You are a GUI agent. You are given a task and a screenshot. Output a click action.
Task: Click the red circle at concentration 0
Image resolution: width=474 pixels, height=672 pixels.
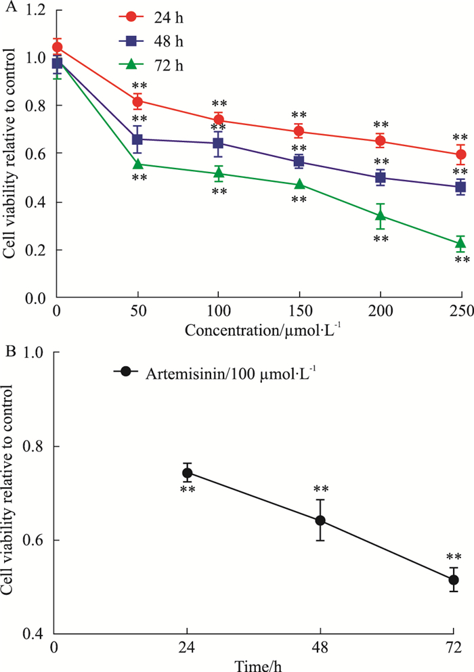58,47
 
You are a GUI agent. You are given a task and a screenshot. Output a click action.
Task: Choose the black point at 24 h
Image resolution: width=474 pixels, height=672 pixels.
188,472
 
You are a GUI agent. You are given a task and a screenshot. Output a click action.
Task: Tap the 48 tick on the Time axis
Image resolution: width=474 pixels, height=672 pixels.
320,646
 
